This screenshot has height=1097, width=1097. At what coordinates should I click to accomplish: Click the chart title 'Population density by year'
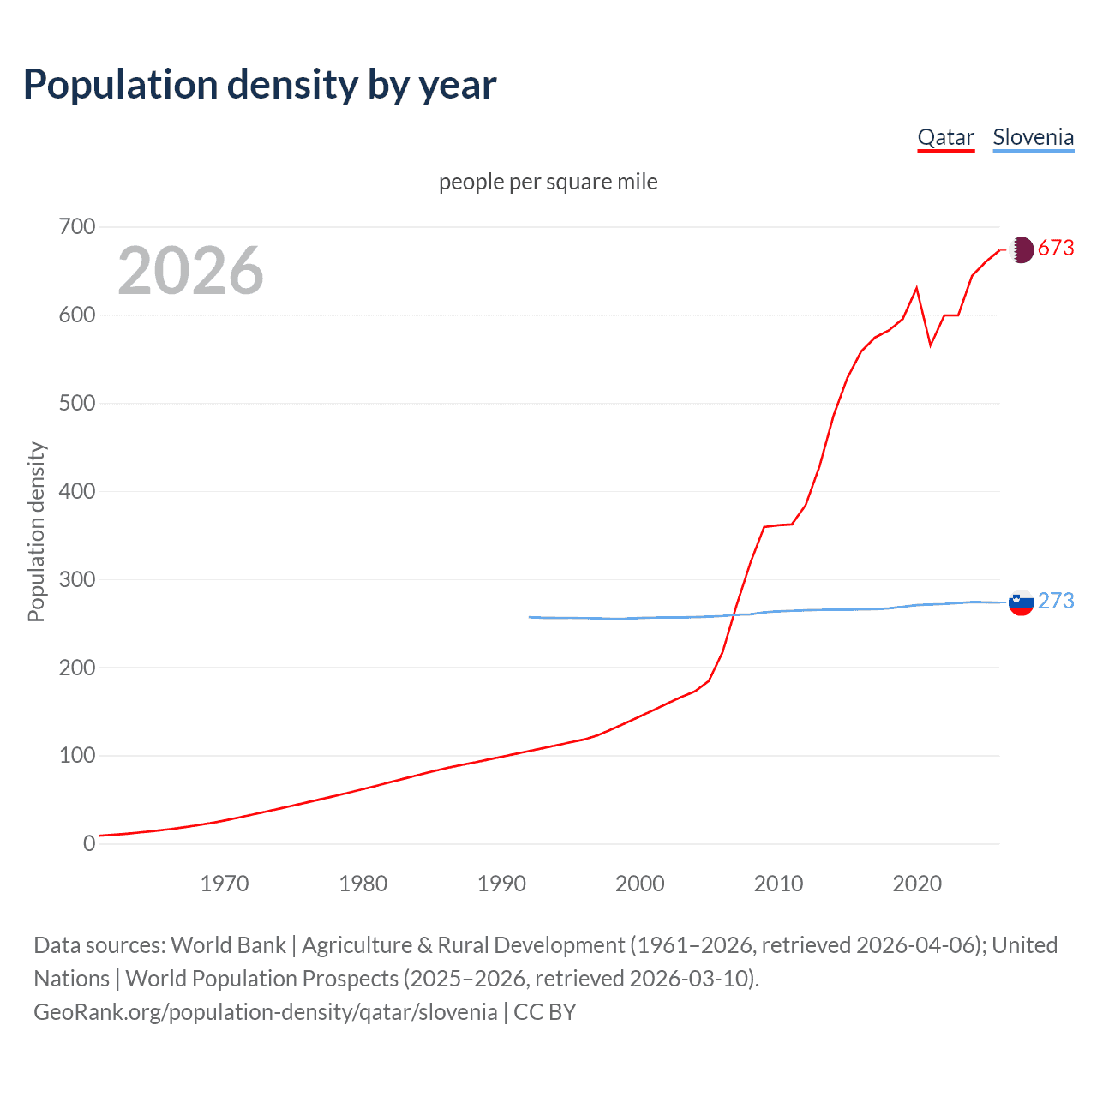(260, 85)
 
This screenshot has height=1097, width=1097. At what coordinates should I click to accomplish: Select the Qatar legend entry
(945, 138)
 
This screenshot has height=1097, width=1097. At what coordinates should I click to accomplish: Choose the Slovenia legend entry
(1033, 138)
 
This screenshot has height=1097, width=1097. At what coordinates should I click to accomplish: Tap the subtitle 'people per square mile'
(548, 183)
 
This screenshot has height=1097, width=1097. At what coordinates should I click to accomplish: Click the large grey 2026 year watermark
(190, 271)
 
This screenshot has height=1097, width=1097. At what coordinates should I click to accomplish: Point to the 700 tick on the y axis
(77, 227)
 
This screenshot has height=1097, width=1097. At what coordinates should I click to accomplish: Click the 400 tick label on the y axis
(77, 492)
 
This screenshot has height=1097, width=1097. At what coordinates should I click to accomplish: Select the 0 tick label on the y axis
(89, 844)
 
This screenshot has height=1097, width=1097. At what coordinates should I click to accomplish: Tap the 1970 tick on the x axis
(225, 884)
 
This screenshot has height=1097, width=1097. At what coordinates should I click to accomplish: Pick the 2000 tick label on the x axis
(640, 884)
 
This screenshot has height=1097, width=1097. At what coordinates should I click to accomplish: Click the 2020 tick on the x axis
(917, 884)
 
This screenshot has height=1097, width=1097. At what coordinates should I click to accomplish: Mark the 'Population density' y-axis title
(36, 531)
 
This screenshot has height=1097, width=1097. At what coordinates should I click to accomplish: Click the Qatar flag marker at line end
(1021, 249)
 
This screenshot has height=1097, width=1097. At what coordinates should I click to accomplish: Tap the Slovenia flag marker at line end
(1021, 602)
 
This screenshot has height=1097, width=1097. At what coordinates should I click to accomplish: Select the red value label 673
(1056, 249)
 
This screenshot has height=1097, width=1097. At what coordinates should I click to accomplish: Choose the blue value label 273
(1056, 602)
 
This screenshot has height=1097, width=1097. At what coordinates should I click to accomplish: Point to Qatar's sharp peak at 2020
(917, 288)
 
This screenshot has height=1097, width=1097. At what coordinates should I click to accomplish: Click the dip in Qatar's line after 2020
(931, 345)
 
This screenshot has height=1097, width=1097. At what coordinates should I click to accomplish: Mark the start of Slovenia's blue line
(530, 617)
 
